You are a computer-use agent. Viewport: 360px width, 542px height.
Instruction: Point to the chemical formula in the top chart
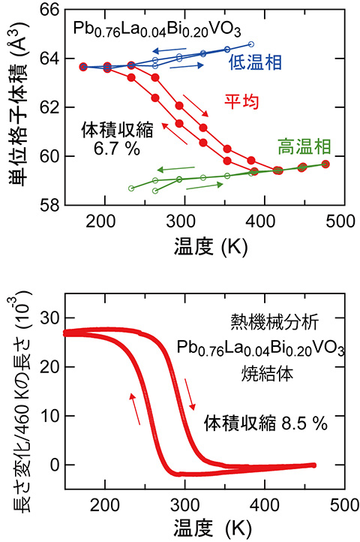coord(136,30)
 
